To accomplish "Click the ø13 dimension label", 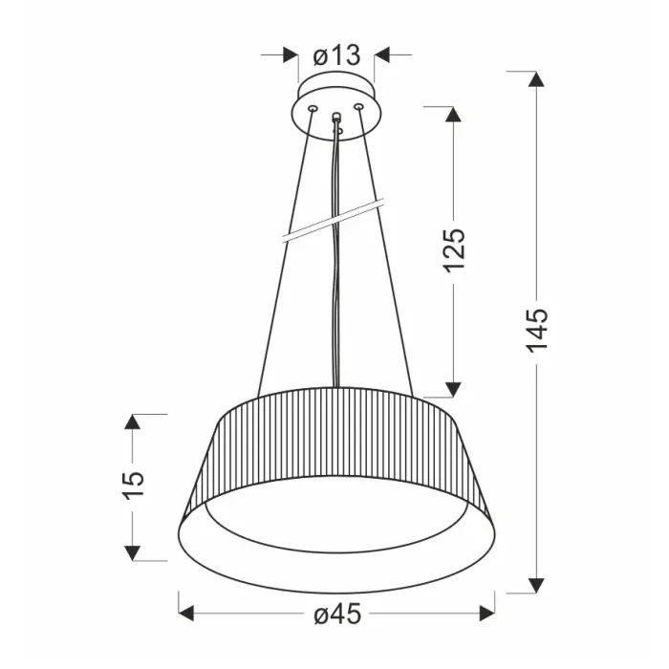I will tap(335, 55).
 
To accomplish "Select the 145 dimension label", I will tap(537, 329).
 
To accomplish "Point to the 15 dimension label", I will tap(134, 483).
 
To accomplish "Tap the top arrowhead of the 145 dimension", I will tap(537, 80).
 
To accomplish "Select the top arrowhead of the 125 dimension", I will tap(454, 113).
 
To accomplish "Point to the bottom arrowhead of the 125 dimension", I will tap(454, 388).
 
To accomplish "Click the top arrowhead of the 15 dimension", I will tap(134, 422).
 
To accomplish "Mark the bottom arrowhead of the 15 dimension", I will tap(134, 551).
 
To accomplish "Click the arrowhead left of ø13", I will tap(291, 55).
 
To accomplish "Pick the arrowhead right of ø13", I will tap(381, 55).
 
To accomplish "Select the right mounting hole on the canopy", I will tap(358, 107).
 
